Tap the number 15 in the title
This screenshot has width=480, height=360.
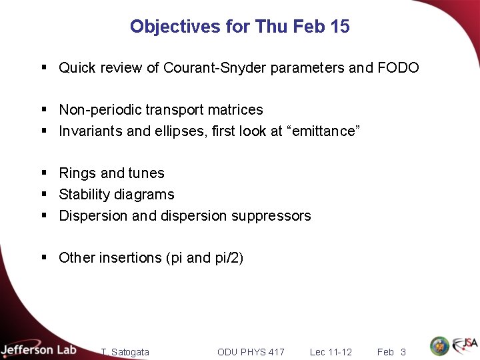(339, 27)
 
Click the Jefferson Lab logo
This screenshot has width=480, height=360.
(39, 349)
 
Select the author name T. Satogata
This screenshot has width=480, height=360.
(125, 352)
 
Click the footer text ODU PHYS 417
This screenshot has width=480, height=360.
(251, 352)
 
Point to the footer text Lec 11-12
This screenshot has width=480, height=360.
(331, 352)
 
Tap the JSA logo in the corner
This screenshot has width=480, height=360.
(465, 345)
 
